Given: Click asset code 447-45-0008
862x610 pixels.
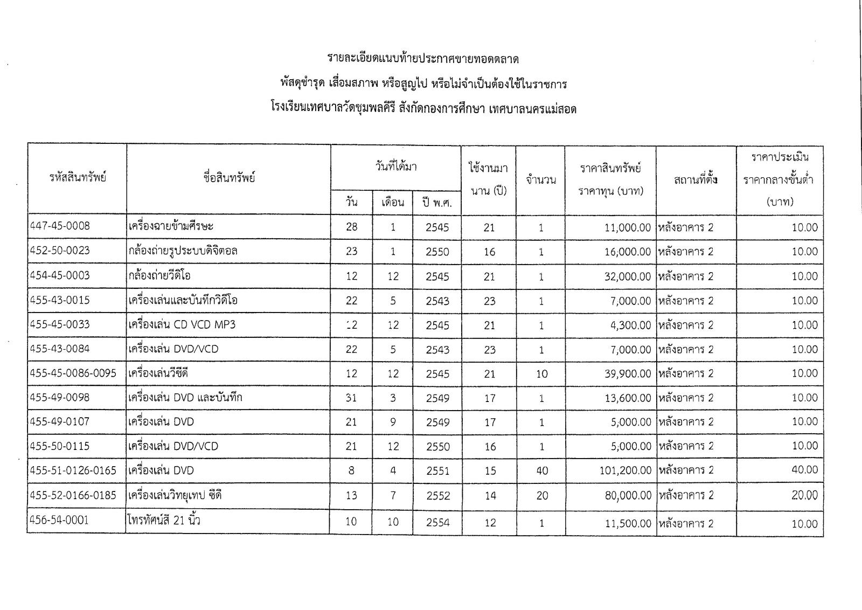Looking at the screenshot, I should [x=60, y=226].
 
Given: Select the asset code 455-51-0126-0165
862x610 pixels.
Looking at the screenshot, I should [x=74, y=470].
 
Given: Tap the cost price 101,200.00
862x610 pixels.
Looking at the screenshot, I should [x=625, y=470].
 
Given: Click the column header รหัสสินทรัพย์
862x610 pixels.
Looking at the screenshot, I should [x=78, y=178].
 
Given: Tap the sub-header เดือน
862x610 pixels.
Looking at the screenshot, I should [x=393, y=203].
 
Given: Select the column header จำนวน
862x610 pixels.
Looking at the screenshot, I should [x=541, y=179].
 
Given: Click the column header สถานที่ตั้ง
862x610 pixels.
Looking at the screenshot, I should [x=696, y=179].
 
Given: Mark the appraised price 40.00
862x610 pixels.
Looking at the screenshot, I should [x=804, y=470].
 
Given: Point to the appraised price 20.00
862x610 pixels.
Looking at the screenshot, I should [x=804, y=495].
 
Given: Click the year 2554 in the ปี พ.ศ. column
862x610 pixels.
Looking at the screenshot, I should [x=437, y=522].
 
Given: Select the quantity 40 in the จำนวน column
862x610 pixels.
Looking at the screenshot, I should [x=542, y=470].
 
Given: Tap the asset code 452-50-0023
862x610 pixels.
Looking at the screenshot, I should [x=60, y=251].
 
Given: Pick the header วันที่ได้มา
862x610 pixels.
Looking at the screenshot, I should [x=396, y=167].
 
